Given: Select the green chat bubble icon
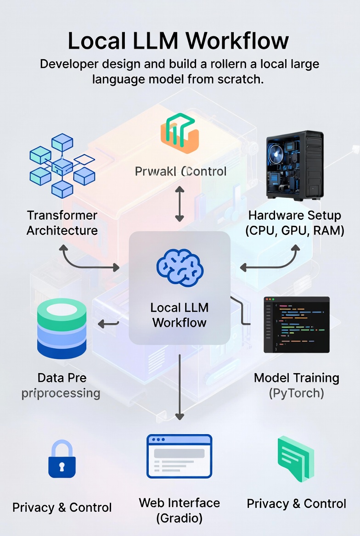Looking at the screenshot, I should click(296, 458).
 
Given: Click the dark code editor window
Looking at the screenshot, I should click(297, 324).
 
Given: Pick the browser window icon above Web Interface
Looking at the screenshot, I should click(179, 456).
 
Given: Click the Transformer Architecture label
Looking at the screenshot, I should click(62, 223).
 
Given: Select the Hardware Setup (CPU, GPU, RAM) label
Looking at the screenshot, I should click(295, 223).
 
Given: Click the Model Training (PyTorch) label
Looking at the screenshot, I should click(297, 385).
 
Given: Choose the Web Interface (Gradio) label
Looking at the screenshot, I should click(180, 510).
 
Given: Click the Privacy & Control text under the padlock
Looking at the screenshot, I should click(62, 508).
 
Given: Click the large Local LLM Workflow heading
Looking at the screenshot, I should click(178, 41).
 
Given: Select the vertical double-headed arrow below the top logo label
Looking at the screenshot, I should click(180, 204).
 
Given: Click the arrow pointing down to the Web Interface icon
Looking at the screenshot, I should click(180, 385).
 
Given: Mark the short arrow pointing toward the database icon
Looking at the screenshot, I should click(108, 324).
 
